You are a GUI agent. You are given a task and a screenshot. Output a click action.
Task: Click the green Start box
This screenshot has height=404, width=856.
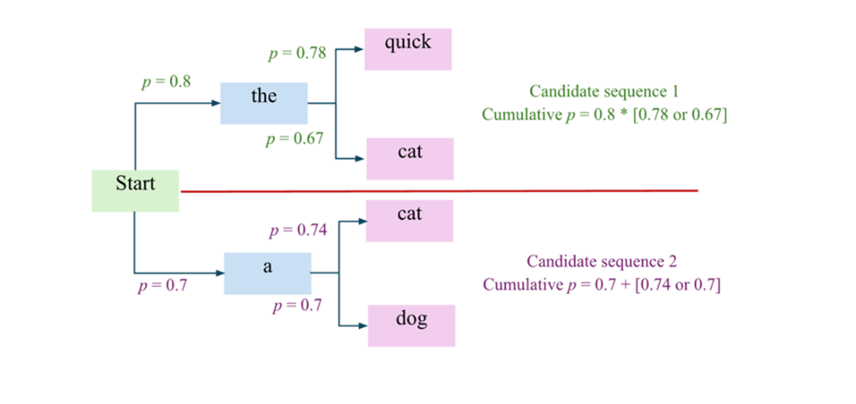tap(135, 191)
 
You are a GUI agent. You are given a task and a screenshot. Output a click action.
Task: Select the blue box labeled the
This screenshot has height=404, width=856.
tap(264, 104)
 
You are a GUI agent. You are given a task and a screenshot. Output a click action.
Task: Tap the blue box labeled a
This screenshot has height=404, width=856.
tap(268, 273)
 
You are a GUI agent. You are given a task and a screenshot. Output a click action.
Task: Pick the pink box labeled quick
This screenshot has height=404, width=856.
tap(408, 49)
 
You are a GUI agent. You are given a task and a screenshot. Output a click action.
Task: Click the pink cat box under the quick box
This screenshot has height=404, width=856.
tap(410, 159)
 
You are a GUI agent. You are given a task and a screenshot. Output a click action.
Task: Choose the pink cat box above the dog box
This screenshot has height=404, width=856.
tap(409, 220)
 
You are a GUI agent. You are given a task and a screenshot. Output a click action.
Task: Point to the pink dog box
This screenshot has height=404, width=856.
tap(412, 326)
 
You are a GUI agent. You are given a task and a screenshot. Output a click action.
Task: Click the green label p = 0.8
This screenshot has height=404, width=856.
tap(167, 82)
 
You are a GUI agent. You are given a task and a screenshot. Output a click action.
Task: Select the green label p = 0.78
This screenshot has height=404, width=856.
tap(297, 53)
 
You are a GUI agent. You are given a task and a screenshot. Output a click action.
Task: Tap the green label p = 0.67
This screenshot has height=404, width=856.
tap(295, 139)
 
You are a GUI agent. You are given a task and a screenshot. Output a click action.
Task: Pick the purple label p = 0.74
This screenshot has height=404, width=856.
tap(298, 230)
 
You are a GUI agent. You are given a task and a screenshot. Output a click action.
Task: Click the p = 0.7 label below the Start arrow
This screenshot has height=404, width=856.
tap(162, 286)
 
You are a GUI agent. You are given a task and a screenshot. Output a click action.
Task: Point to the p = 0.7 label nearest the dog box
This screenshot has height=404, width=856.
tap(297, 306)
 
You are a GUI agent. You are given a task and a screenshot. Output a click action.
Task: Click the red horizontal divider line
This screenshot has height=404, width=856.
tap(439, 191)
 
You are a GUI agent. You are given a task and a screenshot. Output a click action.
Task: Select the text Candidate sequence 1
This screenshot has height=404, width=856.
tap(605, 90)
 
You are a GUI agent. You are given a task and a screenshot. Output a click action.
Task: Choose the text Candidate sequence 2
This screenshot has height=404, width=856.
tap(602, 262)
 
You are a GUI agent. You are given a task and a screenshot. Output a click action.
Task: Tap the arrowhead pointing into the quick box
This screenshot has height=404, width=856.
tap(359, 49)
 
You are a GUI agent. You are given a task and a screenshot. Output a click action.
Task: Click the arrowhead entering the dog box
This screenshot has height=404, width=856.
tap(363, 326)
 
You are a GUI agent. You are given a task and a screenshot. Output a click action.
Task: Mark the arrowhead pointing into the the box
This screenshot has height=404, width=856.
tap(215, 104)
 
